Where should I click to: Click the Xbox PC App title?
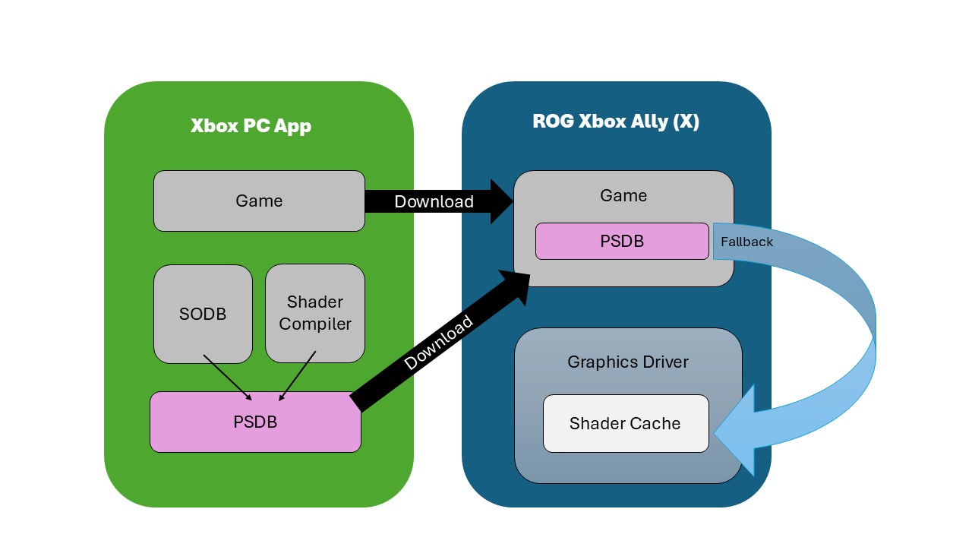251,125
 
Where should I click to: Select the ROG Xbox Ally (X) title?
616,122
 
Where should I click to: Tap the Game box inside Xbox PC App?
259,201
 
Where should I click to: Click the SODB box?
203,314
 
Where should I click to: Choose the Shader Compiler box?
315,313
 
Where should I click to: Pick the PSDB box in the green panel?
255,422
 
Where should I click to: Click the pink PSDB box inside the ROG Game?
622,241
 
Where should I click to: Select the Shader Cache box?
625,423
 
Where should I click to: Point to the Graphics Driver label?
628,362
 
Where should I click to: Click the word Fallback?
746,242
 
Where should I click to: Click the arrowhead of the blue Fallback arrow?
737,430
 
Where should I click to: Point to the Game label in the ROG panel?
623,195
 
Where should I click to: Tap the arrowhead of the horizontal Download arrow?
501,201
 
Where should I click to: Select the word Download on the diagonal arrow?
439,342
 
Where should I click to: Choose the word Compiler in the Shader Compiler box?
315,324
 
